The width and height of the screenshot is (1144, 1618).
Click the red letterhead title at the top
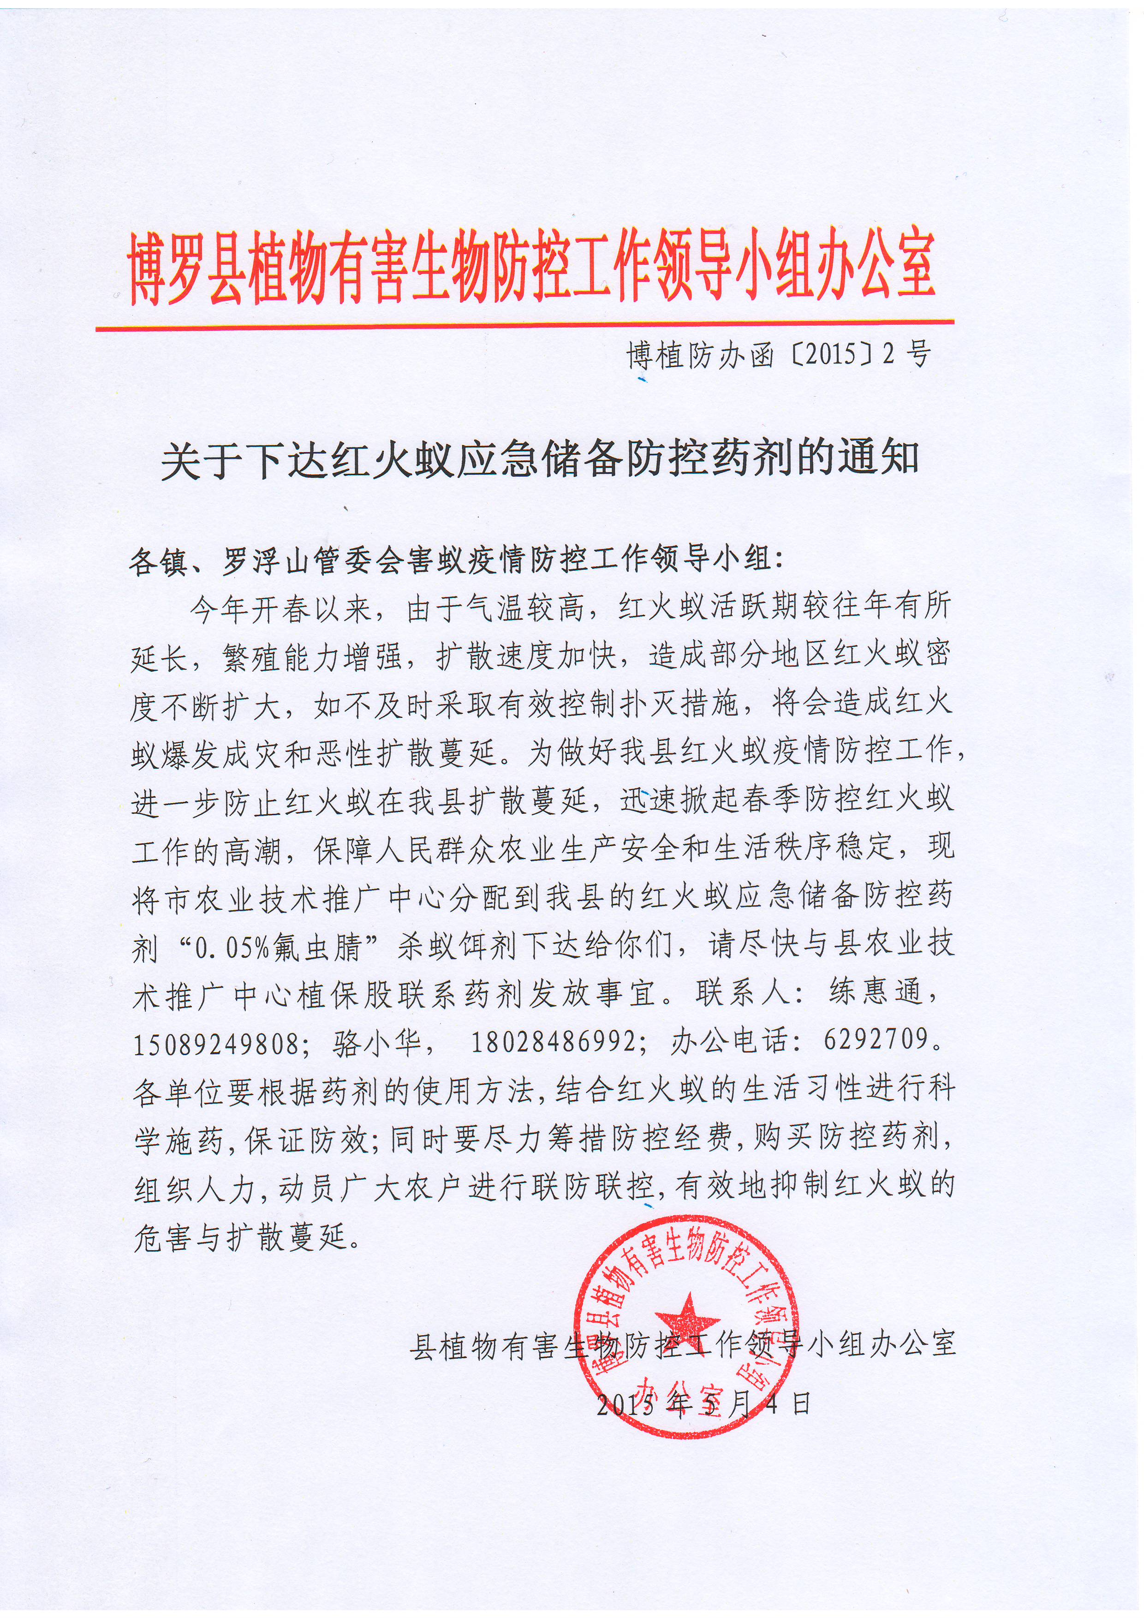532,268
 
